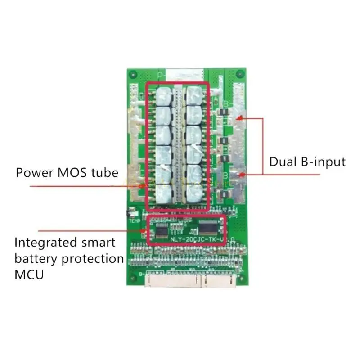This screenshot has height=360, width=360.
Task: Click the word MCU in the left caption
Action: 30,274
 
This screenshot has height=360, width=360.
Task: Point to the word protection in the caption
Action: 90,259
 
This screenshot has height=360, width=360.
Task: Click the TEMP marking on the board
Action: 134,221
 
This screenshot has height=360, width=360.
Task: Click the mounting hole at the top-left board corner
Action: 131,75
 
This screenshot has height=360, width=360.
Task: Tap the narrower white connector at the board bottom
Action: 220,281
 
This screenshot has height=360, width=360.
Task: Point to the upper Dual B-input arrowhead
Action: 242,119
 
